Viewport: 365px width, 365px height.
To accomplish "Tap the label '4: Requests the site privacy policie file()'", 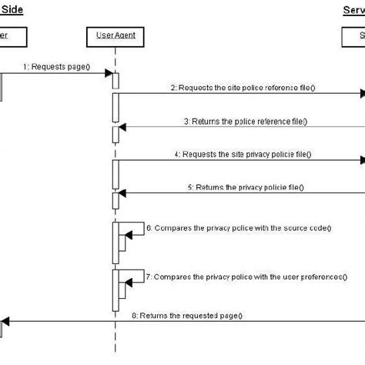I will [243, 154].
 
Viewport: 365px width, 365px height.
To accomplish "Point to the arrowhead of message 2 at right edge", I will [360, 95].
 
